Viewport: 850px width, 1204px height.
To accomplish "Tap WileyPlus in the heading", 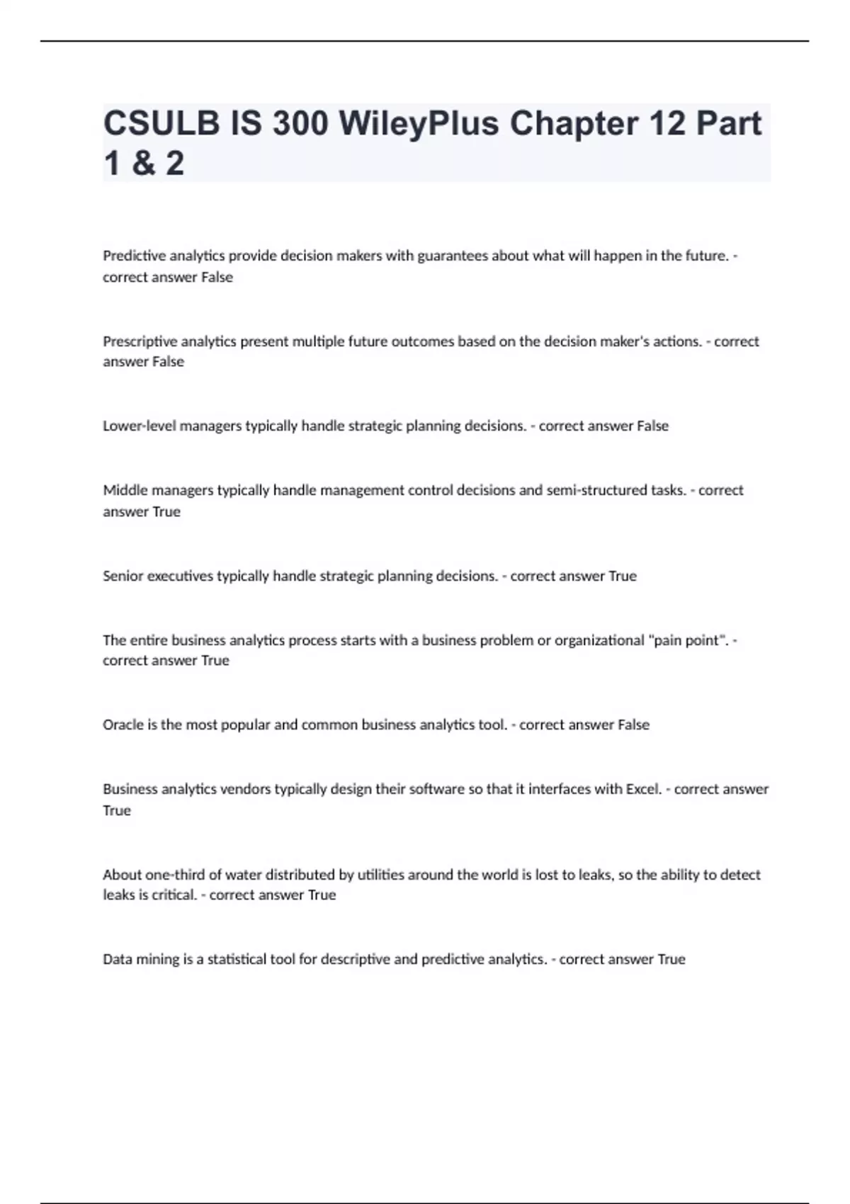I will [419, 123].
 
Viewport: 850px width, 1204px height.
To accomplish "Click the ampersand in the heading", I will [143, 163].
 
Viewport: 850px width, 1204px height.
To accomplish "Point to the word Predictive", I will [134, 256].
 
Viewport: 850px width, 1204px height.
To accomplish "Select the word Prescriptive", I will [140, 341].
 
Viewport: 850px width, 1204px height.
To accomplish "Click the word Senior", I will [123, 576].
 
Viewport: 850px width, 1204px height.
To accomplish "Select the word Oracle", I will [123, 725].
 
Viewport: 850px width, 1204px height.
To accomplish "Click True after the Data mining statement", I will [671, 959].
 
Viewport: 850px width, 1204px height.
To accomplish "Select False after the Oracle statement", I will [633, 725].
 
